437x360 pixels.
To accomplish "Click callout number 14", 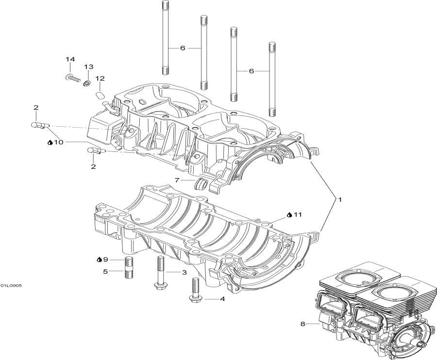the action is tap(70, 59).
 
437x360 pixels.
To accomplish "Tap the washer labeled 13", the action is tap(87, 82).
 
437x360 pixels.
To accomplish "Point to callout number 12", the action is tap(100, 79).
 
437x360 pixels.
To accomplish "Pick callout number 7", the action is tap(177, 180).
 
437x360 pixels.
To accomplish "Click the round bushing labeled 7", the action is tap(201, 184).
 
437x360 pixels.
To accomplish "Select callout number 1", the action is tap(340, 199).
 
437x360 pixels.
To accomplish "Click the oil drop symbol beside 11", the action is tap(290, 214).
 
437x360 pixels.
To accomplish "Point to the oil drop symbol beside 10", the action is tap(50, 142).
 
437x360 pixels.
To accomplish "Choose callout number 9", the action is tap(105, 260).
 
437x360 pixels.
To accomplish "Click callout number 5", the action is tap(105, 271).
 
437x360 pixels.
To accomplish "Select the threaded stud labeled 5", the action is tap(129, 267).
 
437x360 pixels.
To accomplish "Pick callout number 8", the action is tap(303, 324).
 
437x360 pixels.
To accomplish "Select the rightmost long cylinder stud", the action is tap(272, 80).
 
